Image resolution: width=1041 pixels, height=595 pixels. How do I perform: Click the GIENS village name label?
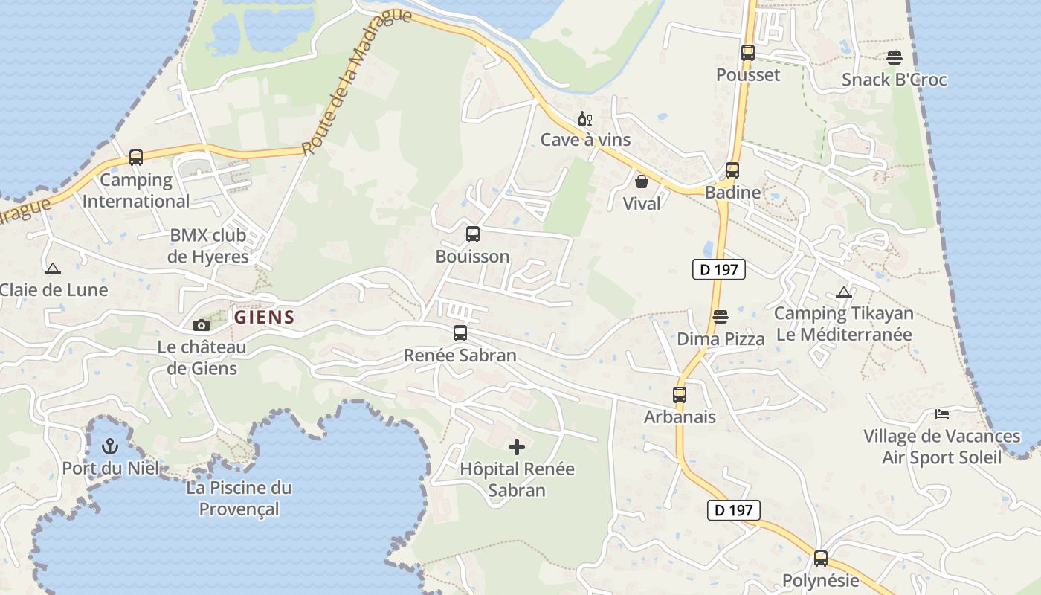pyautogui.click(x=264, y=318)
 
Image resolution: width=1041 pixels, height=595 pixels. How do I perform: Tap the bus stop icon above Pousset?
pyautogui.click(x=747, y=53)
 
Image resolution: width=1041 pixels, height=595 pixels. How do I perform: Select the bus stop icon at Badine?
pyautogui.click(x=732, y=170)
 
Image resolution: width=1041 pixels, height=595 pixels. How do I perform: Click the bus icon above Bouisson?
pyautogui.click(x=472, y=234)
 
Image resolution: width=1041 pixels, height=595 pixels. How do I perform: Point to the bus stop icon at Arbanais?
pyautogui.click(x=680, y=395)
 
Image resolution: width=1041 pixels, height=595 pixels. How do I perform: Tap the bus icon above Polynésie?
pyautogui.click(x=820, y=558)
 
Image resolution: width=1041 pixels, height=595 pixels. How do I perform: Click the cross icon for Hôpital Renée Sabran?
pyautogui.click(x=516, y=447)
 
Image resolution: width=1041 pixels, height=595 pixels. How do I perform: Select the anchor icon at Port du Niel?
pyautogui.click(x=110, y=446)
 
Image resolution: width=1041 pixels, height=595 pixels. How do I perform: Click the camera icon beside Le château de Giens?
pyautogui.click(x=201, y=325)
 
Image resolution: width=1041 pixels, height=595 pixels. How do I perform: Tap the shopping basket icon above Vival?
pyautogui.click(x=641, y=181)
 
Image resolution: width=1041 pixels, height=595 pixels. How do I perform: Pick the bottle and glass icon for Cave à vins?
pyautogui.click(x=585, y=119)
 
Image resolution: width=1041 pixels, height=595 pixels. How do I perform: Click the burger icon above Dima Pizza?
pyautogui.click(x=720, y=318)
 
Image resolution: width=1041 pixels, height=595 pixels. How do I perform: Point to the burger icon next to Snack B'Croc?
pyautogui.click(x=894, y=57)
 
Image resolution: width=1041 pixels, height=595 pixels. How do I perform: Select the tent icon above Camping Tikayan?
pyautogui.click(x=843, y=292)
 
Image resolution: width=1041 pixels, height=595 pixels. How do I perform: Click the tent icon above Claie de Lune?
pyautogui.click(x=52, y=268)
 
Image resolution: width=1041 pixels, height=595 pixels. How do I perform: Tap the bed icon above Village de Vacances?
pyautogui.click(x=941, y=414)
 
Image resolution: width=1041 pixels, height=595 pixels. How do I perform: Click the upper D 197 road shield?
pyautogui.click(x=718, y=269)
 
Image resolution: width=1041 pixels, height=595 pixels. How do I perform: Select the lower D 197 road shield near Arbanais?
pyautogui.click(x=734, y=510)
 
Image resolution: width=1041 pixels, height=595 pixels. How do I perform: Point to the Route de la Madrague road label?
pyautogui.click(x=357, y=82)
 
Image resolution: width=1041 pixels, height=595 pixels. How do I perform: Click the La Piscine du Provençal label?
pyautogui.click(x=239, y=498)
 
